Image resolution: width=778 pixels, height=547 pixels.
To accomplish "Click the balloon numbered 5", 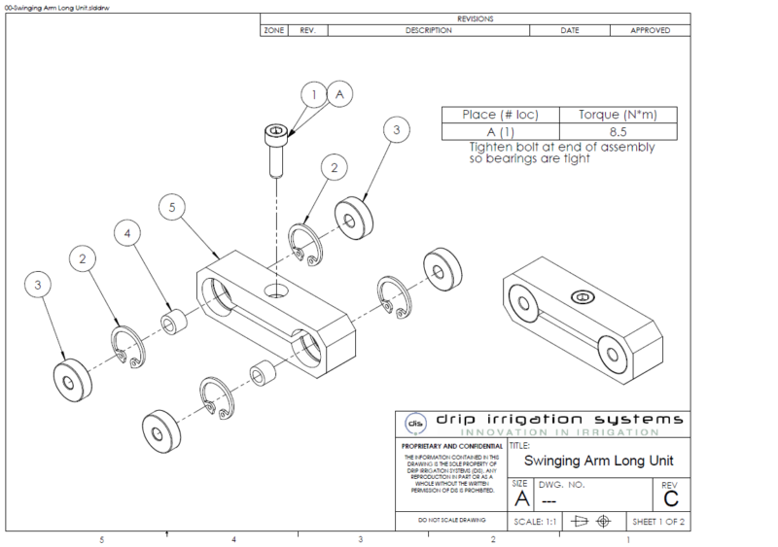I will pos(171,208).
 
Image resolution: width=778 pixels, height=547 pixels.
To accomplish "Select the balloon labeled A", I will pos(339,94).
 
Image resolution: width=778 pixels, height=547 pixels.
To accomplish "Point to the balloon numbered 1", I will pos(314,94).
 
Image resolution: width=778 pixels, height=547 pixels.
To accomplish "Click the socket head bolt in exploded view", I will pos(277,147).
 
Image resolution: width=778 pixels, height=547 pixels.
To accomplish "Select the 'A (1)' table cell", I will pos(503,131).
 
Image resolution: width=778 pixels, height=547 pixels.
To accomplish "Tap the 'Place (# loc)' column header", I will pos(503,115).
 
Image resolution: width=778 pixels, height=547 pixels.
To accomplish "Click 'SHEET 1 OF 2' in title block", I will pos(660,521).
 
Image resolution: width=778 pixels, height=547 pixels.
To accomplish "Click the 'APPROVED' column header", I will pos(650,30).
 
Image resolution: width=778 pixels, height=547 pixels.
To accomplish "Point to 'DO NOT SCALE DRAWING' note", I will pos(449,521).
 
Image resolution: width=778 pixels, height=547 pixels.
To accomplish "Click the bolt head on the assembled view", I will pos(582,296).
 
